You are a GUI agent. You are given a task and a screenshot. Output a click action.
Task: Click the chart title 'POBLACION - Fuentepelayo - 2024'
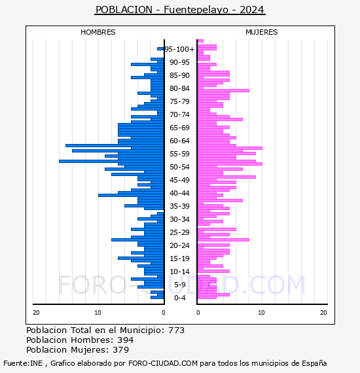(x=180, y=10)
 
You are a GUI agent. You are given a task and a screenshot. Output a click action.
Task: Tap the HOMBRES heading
(x=98, y=32)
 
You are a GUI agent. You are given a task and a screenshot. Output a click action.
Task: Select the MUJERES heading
(x=262, y=32)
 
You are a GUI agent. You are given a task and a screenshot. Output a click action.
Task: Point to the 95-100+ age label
(x=179, y=49)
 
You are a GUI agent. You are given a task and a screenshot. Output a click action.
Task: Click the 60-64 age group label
(x=179, y=141)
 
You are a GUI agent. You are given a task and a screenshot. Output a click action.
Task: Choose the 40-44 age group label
(x=179, y=193)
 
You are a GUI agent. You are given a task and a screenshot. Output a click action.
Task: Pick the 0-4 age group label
(x=180, y=298)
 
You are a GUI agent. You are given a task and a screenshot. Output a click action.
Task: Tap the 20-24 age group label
(x=179, y=245)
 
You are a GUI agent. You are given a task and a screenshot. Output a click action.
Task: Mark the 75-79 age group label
(x=179, y=101)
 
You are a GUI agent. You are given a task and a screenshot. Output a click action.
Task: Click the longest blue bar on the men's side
(x=111, y=161)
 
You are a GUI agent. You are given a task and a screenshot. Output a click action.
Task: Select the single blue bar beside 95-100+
(x=160, y=49)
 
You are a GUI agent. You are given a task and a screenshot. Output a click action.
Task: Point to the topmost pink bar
(x=200, y=41)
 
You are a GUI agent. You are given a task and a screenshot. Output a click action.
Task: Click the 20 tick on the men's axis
(x=36, y=313)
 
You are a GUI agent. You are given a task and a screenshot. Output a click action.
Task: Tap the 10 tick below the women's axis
(x=261, y=313)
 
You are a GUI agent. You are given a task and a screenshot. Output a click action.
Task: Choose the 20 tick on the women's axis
(x=323, y=313)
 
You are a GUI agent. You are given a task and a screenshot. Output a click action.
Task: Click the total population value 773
(x=176, y=330)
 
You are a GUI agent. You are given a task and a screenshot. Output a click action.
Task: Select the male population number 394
(x=126, y=340)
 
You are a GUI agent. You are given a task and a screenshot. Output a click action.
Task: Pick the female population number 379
(x=121, y=349)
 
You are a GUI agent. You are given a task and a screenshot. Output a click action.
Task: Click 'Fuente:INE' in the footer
(x=23, y=363)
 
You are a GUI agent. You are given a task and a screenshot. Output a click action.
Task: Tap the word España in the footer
(x=314, y=363)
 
